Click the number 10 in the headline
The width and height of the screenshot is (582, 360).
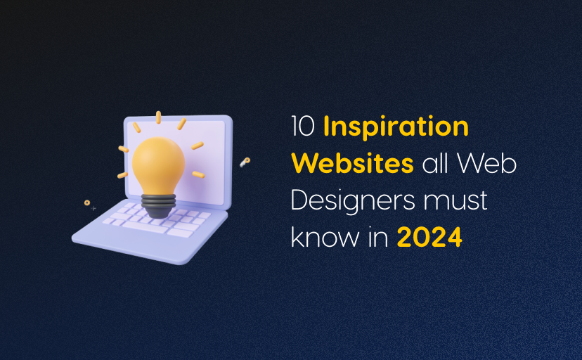[x=303, y=127]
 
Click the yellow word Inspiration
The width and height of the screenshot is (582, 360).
[x=396, y=127]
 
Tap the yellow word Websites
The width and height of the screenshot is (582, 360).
[x=352, y=164]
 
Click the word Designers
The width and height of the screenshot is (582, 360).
[x=349, y=200]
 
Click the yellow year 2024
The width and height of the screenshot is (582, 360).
[x=429, y=237]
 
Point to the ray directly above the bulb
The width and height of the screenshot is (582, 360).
[x=159, y=117]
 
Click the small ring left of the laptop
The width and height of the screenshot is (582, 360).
[x=86, y=202]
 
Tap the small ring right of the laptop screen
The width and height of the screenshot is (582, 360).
[x=244, y=162]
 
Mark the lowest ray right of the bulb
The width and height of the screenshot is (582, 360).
[x=198, y=173]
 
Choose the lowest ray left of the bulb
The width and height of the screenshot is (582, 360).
[x=122, y=173]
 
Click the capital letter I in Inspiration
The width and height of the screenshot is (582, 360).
[x=327, y=127]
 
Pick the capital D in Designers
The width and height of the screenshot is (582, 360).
[x=299, y=200]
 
